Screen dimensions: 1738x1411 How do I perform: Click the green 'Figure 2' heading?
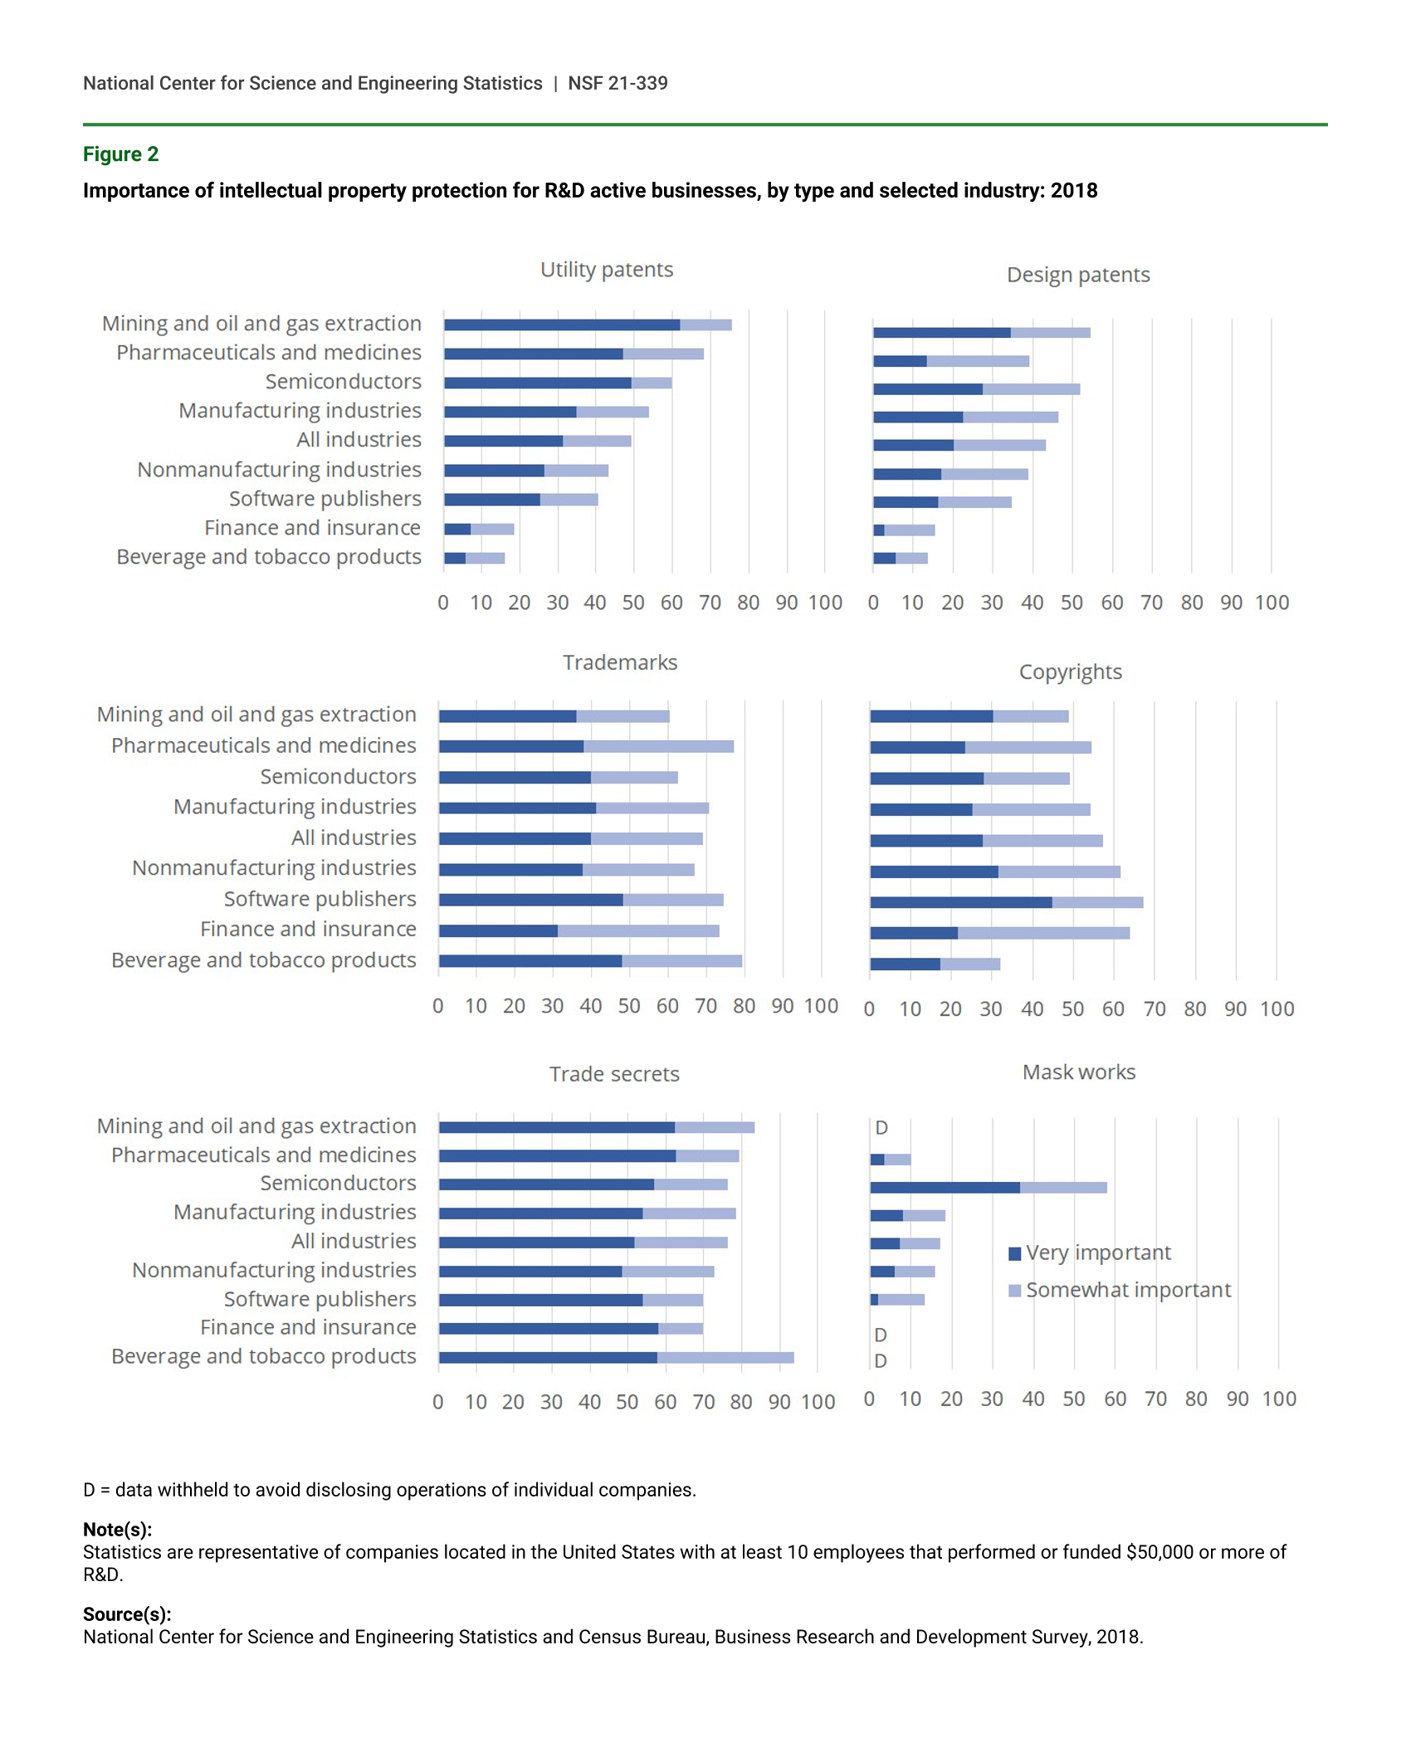(120, 154)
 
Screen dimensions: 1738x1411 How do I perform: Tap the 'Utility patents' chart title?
(607, 270)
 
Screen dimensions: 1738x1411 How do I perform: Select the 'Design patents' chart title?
(1078, 275)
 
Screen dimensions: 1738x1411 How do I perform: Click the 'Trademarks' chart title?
(620, 662)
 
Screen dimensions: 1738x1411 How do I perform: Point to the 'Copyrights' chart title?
(1070, 671)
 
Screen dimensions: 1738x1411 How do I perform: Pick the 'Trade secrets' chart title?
(614, 1074)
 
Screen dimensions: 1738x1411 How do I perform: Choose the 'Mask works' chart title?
(1079, 1072)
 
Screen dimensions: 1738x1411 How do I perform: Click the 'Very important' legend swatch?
(1014, 1253)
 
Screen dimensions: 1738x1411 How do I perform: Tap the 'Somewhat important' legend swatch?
(1014, 1291)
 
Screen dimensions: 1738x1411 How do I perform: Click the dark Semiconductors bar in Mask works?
(945, 1188)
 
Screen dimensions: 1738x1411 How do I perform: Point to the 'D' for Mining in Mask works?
(881, 1128)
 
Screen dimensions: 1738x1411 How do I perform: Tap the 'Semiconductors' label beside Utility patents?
(343, 382)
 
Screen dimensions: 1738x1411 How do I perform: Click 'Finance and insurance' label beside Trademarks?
(308, 930)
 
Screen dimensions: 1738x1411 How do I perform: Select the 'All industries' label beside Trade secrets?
(354, 1241)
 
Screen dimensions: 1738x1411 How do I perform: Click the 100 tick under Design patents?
(1272, 603)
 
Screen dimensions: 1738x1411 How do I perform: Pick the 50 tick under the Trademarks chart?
(629, 1006)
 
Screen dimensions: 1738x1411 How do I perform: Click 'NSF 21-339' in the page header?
(618, 83)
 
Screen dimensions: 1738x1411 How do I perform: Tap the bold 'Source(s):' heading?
(127, 1614)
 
